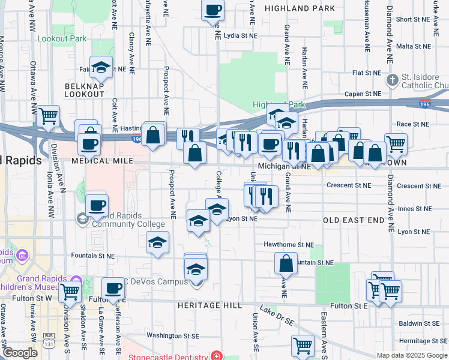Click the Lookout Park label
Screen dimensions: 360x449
pyautogui.click(x=62, y=38)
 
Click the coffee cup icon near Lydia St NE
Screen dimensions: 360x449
pyautogui.click(x=214, y=10)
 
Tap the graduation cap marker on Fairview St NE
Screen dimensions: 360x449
pyautogui.click(x=101, y=68)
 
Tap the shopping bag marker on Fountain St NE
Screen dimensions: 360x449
pyautogui.click(x=286, y=263)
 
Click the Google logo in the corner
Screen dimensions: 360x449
pyautogui.click(x=19, y=353)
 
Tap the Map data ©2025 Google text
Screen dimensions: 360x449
pyautogui.click(x=411, y=355)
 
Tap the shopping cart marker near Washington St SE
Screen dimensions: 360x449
pyautogui.click(x=303, y=345)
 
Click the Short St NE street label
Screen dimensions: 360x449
pyautogui.click(x=412, y=19)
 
